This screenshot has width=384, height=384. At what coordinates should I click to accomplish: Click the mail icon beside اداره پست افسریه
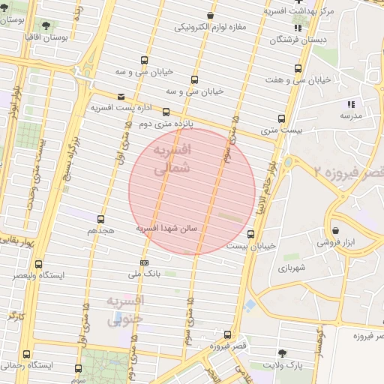pos(121,96)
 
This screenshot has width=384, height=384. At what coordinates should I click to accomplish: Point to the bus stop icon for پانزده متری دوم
pos(166,112)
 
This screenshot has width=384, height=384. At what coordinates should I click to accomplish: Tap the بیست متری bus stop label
pos(281,130)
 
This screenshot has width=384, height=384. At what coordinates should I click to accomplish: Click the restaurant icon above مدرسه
pos(350,104)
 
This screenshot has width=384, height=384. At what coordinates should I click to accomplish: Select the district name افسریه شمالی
pos(172,160)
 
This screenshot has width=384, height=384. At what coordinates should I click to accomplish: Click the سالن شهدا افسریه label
pos(166,226)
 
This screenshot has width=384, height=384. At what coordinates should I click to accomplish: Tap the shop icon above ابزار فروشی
pos(334,230)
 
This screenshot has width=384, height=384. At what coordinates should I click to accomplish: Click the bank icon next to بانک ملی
pos(144,262)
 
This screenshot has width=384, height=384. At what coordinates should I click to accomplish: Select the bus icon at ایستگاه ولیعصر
pos(39,264)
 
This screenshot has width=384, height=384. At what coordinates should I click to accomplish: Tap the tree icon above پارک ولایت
pos(282,352)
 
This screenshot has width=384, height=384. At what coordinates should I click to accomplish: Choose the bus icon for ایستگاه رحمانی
pos(27,354)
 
